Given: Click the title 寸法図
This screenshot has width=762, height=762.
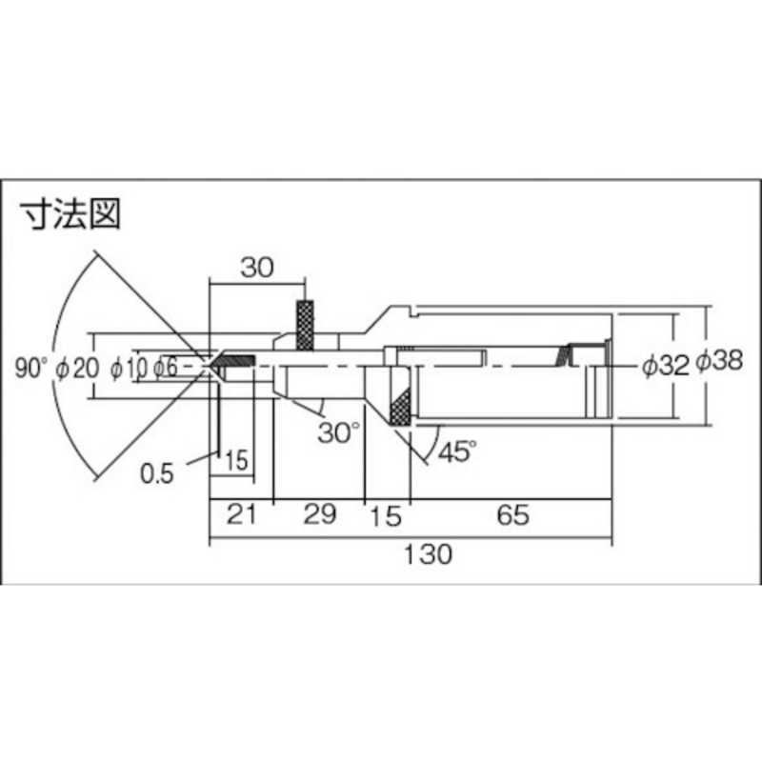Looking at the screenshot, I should pyautogui.click(x=71, y=215).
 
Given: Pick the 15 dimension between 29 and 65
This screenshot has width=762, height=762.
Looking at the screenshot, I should pyautogui.click(x=385, y=517).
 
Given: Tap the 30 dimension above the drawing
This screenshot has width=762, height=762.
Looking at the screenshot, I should pyautogui.click(x=255, y=268).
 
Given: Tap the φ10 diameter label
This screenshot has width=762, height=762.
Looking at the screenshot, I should pyautogui.click(x=126, y=367).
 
